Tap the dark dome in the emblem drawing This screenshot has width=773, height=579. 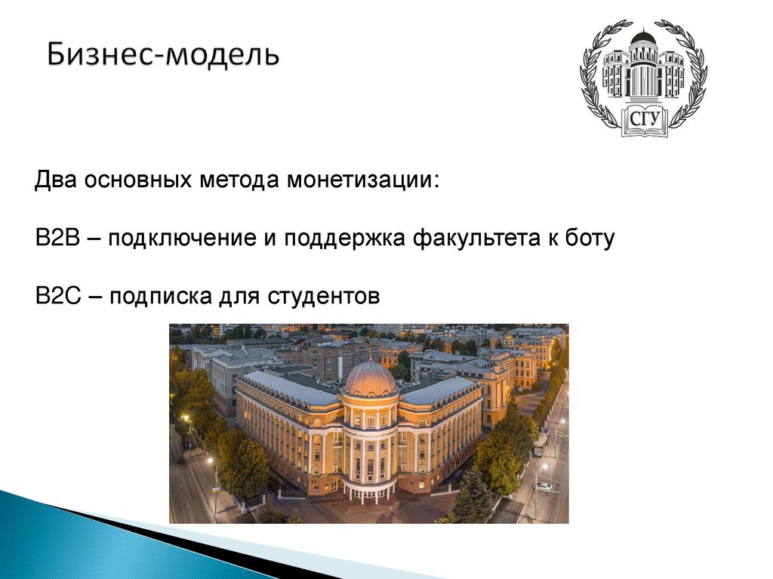pyautogui.click(x=642, y=36)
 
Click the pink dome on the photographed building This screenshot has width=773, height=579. pyautogui.click(x=369, y=379)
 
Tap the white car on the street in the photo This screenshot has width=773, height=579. pyautogui.click(x=543, y=488)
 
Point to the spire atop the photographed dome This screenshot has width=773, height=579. pyautogui.click(x=370, y=352)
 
